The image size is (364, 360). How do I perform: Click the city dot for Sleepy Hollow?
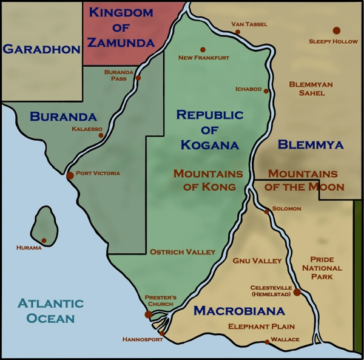click(336, 30)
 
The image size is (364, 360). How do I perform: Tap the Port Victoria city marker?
click(70, 175)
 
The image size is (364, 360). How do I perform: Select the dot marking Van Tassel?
click(237, 32)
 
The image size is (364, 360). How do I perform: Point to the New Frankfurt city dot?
click(202, 50)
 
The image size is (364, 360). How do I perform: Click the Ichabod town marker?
click(266, 90)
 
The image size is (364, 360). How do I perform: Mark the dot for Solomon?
click(267, 212)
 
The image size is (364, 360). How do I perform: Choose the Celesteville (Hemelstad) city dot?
click(297, 292)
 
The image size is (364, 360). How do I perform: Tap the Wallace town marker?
click(267, 342)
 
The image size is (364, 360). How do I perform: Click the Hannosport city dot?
click(161, 333)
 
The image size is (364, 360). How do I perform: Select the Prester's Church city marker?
click(148, 314)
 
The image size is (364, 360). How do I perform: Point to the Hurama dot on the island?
click(44, 240)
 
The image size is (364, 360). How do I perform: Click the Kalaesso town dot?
click(101, 135)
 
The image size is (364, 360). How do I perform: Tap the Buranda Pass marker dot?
click(138, 78)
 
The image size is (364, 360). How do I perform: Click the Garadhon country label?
click(41, 50)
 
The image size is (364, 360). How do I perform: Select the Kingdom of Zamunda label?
click(121, 27)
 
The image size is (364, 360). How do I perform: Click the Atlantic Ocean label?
click(50, 310)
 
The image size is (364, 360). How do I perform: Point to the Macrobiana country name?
click(239, 311)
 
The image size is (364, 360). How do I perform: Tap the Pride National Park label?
click(322, 268)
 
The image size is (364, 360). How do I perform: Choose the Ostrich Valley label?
click(183, 251)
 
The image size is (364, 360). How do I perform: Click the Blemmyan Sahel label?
click(311, 89)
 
